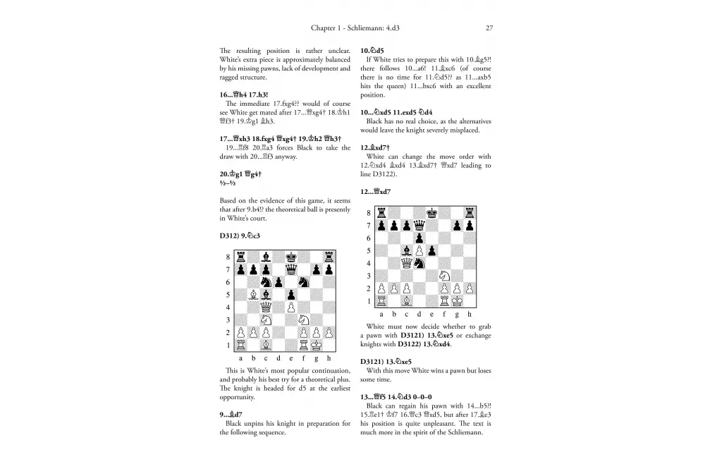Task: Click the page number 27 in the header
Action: click(489, 29)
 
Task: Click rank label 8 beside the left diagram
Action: click(228, 257)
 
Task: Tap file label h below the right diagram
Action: click(470, 314)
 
